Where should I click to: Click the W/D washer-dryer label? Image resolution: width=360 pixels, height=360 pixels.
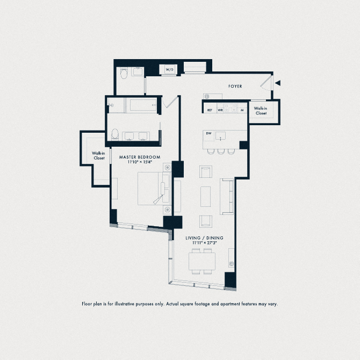click(170, 69)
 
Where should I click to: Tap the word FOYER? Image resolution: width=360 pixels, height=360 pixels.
click(235, 87)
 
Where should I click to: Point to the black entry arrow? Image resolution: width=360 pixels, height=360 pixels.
click(278, 83)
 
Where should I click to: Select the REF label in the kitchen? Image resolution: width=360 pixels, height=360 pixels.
click(210, 110)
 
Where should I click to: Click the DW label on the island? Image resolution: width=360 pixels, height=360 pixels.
click(208, 133)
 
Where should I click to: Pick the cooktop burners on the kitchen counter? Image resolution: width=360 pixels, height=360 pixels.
click(231, 107)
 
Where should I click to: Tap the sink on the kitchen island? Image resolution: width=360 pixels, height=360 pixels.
click(220, 136)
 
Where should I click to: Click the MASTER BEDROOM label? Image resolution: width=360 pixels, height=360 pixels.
click(140, 157)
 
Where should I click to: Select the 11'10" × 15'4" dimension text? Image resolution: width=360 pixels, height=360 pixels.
click(140, 162)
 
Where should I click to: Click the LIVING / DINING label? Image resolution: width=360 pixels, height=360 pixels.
click(204, 238)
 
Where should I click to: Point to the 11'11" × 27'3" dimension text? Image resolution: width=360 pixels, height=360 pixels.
click(205, 243)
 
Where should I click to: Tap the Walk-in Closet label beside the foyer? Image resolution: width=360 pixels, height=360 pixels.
click(261, 111)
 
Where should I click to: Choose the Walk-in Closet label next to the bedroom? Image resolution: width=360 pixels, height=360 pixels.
click(99, 156)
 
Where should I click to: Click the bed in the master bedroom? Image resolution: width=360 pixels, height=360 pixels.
click(154, 188)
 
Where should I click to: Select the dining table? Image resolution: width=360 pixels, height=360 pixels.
click(202, 261)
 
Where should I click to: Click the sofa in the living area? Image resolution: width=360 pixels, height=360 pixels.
click(227, 197)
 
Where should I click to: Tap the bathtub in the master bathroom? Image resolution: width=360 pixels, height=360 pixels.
click(141, 105)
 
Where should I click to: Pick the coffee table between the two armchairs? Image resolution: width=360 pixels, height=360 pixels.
click(205, 197)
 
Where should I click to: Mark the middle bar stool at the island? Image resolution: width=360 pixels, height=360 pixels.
click(221, 152)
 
